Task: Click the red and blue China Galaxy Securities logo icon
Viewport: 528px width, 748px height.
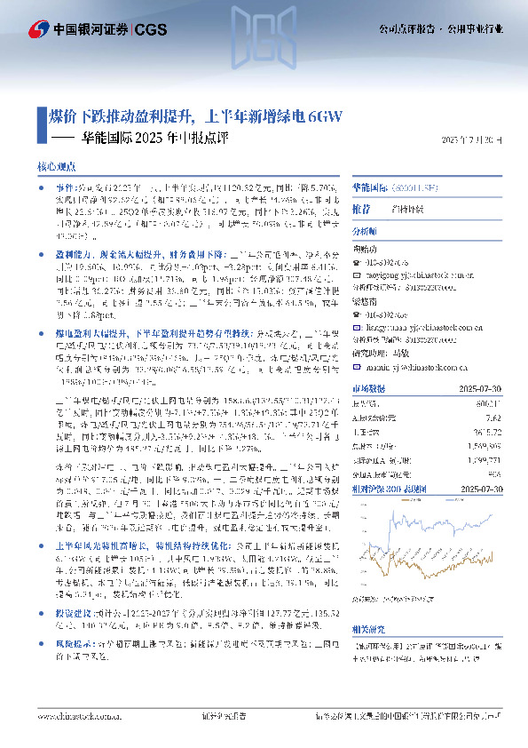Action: click(x=40, y=29)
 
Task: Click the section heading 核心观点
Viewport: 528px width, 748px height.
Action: click(x=55, y=167)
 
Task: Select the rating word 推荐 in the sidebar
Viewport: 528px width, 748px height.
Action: click(x=361, y=210)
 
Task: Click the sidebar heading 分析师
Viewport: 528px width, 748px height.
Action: click(x=365, y=230)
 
